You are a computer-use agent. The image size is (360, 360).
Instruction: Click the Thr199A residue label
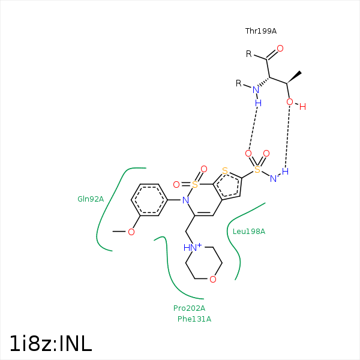(x=261, y=31)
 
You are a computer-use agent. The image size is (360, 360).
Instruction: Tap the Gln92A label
(x=91, y=199)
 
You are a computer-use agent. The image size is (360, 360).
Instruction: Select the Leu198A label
(x=249, y=231)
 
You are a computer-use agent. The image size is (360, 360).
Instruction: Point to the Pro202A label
(x=189, y=308)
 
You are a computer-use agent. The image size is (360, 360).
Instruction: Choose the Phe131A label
(x=194, y=319)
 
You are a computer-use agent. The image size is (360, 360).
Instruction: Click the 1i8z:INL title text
(x=51, y=343)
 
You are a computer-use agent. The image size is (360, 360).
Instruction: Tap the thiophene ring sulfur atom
(x=225, y=171)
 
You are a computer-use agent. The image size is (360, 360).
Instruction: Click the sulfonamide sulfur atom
(x=257, y=169)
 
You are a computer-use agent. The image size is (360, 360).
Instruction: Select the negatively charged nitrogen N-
(x=274, y=178)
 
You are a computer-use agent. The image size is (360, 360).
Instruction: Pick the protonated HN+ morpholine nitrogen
(x=193, y=247)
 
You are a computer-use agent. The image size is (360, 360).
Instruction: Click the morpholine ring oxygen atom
(x=213, y=279)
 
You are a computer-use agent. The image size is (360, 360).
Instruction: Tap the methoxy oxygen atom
(x=131, y=232)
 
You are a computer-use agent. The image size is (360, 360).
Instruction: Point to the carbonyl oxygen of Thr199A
(x=280, y=49)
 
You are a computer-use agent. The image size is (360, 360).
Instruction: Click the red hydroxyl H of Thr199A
(x=302, y=107)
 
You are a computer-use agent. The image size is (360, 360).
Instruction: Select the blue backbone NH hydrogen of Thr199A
(x=258, y=103)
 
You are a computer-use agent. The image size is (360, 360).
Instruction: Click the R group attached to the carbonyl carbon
(x=248, y=54)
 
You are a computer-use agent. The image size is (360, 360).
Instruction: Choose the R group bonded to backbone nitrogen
(x=239, y=83)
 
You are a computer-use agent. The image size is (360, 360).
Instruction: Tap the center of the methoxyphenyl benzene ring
(x=149, y=200)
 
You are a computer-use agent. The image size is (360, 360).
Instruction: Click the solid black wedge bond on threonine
(x=294, y=77)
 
